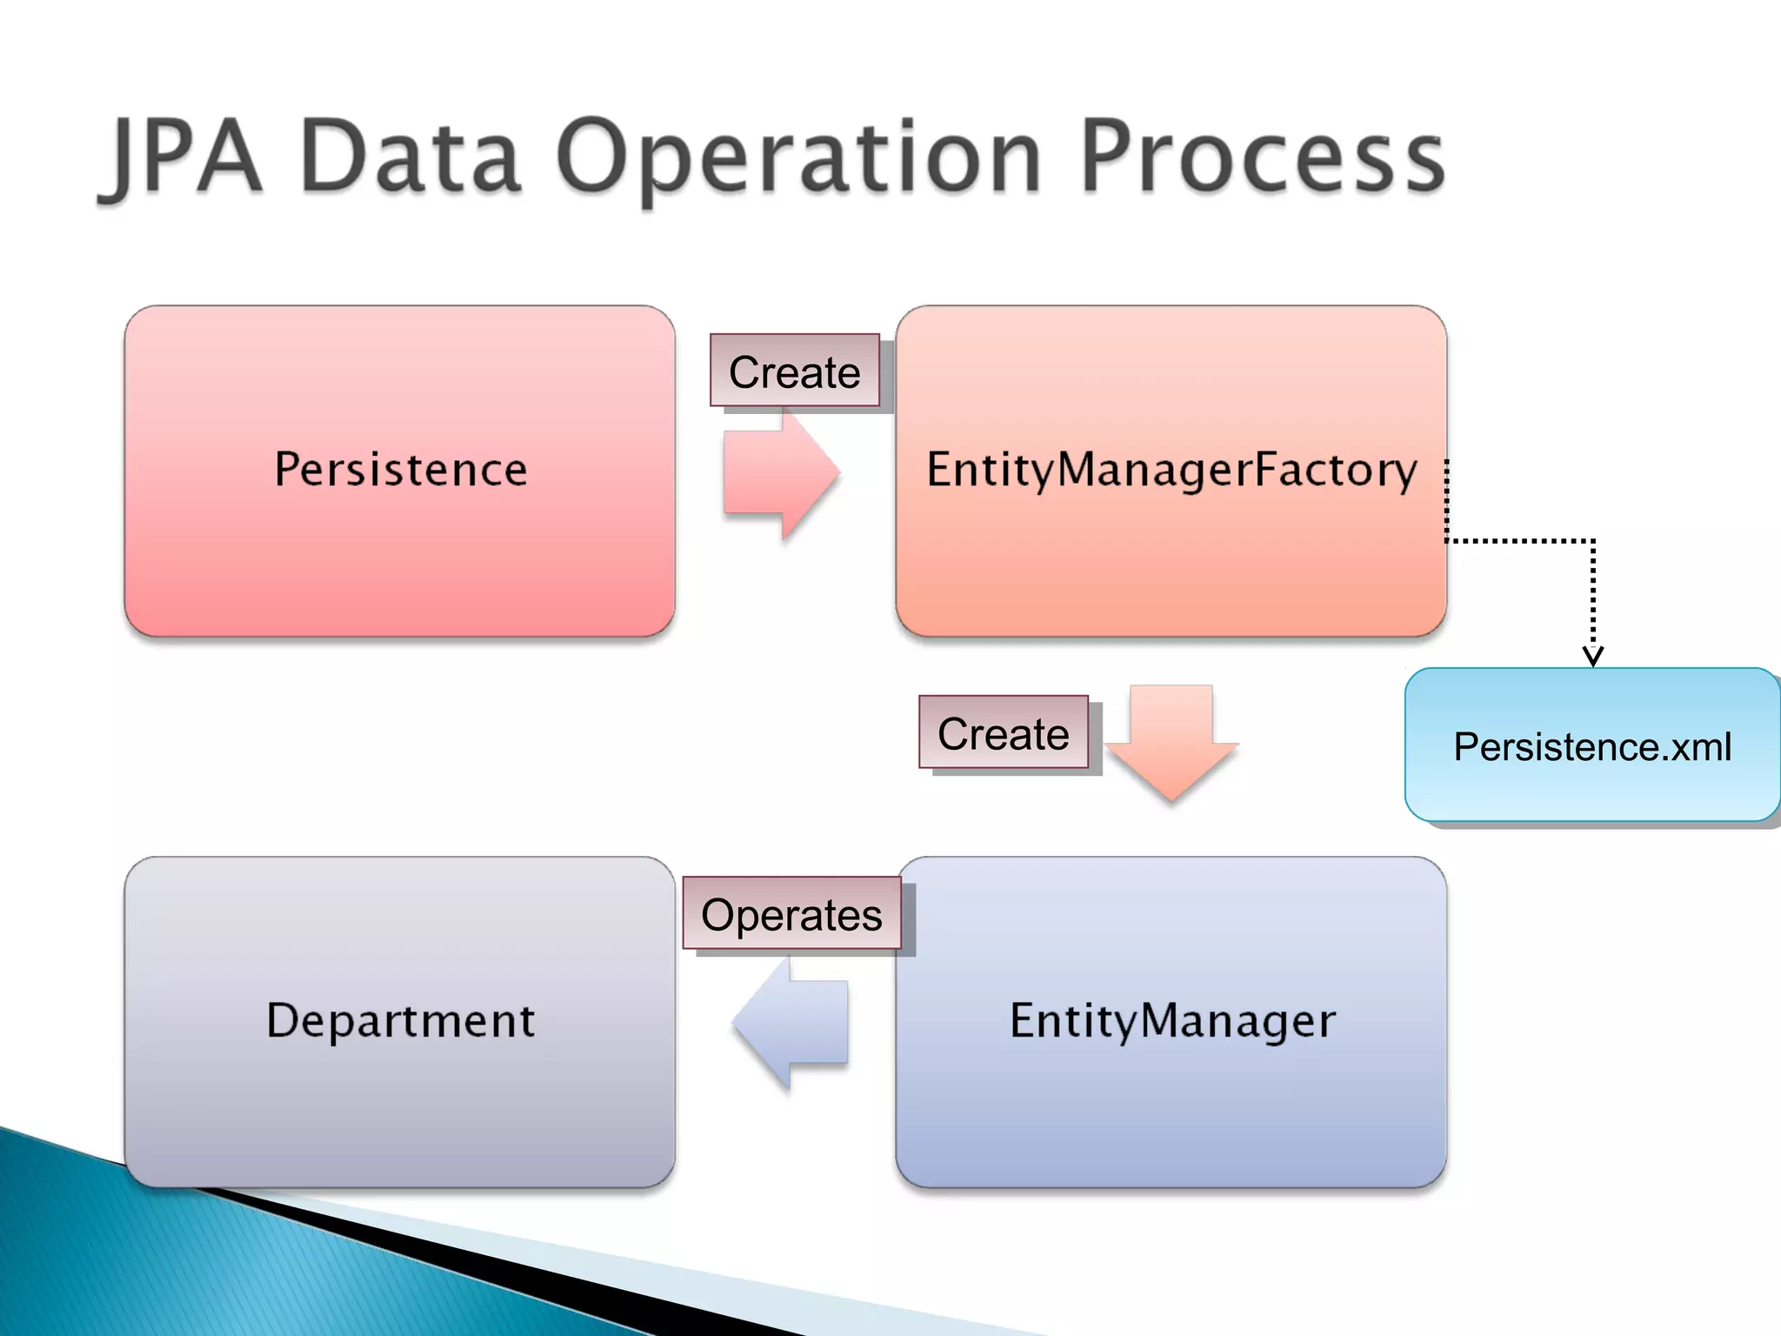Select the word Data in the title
click(410, 158)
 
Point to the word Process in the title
click(1263, 158)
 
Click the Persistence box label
click(400, 470)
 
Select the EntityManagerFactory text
click(1171, 470)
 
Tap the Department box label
click(400, 1020)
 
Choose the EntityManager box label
click(1171, 1020)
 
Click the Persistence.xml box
click(1592, 746)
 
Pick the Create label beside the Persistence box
click(795, 371)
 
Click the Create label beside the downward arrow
click(1004, 733)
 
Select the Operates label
click(791, 914)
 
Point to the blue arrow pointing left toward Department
click(791, 1022)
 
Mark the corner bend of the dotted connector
click(1592, 541)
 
